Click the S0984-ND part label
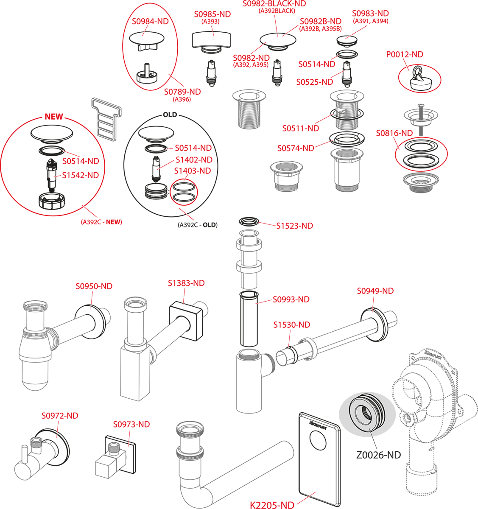(x=150, y=21)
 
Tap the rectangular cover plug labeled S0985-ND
(x=211, y=39)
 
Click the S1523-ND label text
(x=294, y=226)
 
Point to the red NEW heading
(x=54, y=117)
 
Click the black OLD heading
(x=170, y=115)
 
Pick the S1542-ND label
(x=81, y=175)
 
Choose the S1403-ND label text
(x=193, y=171)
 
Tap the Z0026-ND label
(x=379, y=455)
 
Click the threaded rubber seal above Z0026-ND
(x=367, y=412)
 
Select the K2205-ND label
(x=272, y=505)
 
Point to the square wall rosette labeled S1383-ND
(x=186, y=322)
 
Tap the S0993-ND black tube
(x=249, y=319)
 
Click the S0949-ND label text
(x=375, y=291)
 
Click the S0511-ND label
(x=301, y=128)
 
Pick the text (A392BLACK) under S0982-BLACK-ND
(x=277, y=11)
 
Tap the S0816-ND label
(x=394, y=133)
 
